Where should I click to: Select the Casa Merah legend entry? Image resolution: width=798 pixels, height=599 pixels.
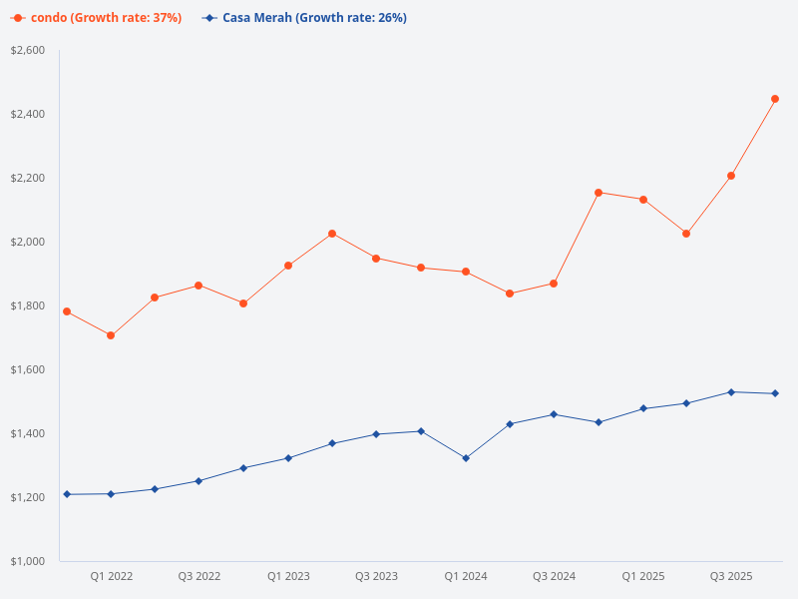(x=304, y=18)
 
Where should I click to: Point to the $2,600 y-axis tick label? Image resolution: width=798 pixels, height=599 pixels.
(x=28, y=50)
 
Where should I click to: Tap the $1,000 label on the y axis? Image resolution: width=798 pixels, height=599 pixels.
(x=28, y=561)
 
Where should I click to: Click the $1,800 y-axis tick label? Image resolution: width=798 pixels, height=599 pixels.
(x=28, y=305)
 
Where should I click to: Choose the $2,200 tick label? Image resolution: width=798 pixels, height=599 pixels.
(x=28, y=178)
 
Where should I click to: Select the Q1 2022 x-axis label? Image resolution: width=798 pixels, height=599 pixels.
(x=112, y=576)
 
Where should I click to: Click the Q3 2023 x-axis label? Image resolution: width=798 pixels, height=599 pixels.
(x=376, y=576)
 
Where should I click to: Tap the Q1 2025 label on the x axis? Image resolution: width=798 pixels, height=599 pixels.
(x=643, y=576)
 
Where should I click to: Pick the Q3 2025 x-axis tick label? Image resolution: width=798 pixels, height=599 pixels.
(x=731, y=576)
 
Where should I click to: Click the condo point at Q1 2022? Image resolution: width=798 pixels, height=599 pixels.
(x=111, y=335)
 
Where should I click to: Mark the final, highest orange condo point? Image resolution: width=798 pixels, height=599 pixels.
(x=775, y=99)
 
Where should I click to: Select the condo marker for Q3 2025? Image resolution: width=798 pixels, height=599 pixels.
(x=731, y=176)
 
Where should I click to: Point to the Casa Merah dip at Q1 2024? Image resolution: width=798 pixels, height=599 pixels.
(x=466, y=458)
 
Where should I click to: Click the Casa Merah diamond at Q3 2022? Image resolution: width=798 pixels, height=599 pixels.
(x=199, y=481)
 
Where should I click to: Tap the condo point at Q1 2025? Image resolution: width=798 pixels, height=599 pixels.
(x=643, y=200)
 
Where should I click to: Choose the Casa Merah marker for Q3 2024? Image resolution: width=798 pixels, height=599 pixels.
(x=554, y=414)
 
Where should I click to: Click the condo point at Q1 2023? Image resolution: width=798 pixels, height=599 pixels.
(x=288, y=266)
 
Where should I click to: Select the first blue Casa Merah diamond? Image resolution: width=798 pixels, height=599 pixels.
(x=67, y=494)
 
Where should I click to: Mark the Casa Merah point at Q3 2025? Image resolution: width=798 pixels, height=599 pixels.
(x=731, y=392)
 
